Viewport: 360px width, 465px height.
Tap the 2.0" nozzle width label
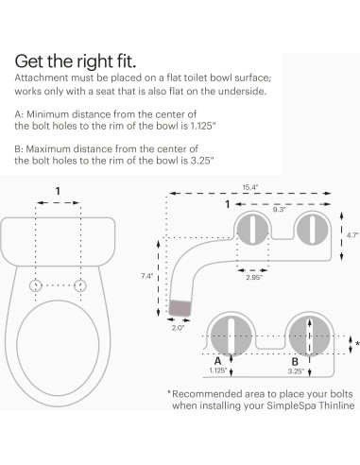(180, 330)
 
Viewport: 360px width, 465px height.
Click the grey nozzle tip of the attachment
(180, 308)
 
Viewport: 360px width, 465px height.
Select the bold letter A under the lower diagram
(218, 359)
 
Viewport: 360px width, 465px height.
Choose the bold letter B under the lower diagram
(295, 359)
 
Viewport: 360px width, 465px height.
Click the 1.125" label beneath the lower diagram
(219, 370)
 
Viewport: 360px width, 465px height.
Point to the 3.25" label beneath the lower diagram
(296, 370)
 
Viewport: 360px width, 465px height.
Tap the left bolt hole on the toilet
(36, 284)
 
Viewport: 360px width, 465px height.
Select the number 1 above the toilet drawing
(59, 189)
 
